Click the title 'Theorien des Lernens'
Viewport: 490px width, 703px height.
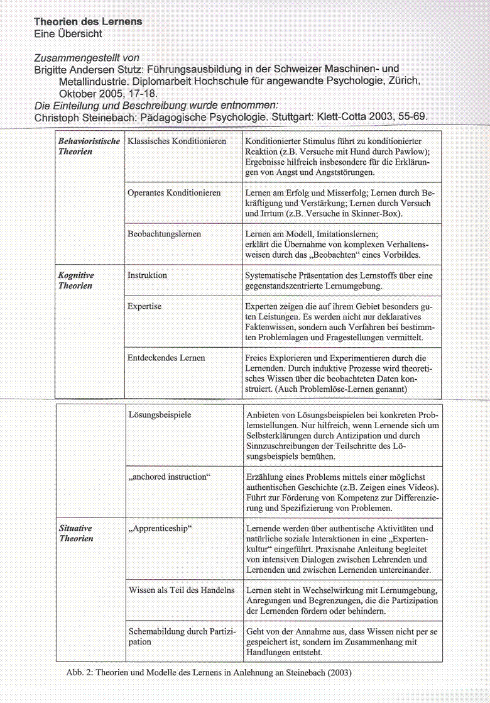pyautogui.click(x=88, y=21)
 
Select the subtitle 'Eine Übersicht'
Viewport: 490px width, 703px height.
pyautogui.click(x=68, y=34)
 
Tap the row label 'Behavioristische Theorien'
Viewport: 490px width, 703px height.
pyautogui.click(x=89, y=147)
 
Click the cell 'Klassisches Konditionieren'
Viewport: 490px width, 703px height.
pyautogui.click(x=177, y=141)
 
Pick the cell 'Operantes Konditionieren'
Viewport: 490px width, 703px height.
pyautogui.click(x=174, y=193)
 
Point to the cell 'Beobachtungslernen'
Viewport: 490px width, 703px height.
pyautogui.click(x=164, y=234)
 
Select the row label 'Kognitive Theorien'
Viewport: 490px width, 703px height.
pyautogui.click(x=76, y=280)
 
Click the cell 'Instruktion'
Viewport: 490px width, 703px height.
pyautogui.click(x=147, y=275)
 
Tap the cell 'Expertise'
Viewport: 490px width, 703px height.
pyautogui.click(x=144, y=306)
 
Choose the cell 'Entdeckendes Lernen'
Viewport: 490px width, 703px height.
pyautogui.click(x=166, y=358)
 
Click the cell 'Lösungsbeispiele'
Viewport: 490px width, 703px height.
pyautogui.click(x=160, y=415)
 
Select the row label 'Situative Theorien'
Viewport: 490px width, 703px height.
pyautogui.click(x=76, y=533)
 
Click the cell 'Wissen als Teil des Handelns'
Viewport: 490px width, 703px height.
pyautogui.click(x=182, y=590)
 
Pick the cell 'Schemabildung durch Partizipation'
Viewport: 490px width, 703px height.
pyautogui.click(x=182, y=636)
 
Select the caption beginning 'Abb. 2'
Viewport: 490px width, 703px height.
pyautogui.click(x=209, y=672)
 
